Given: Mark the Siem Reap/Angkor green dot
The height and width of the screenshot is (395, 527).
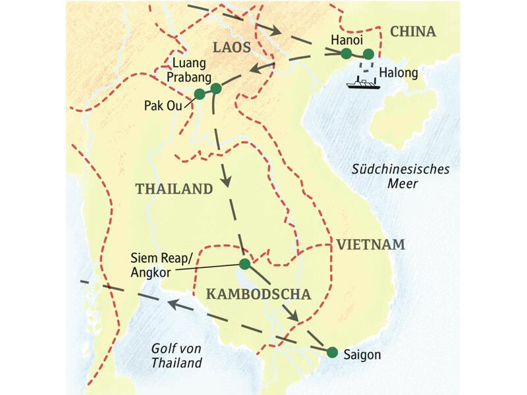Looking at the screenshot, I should [x=244, y=264].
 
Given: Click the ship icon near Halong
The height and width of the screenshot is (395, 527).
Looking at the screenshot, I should [x=362, y=84].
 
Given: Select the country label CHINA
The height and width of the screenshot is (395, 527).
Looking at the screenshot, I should [x=413, y=32].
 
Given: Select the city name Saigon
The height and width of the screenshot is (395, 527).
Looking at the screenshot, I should [x=362, y=354].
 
